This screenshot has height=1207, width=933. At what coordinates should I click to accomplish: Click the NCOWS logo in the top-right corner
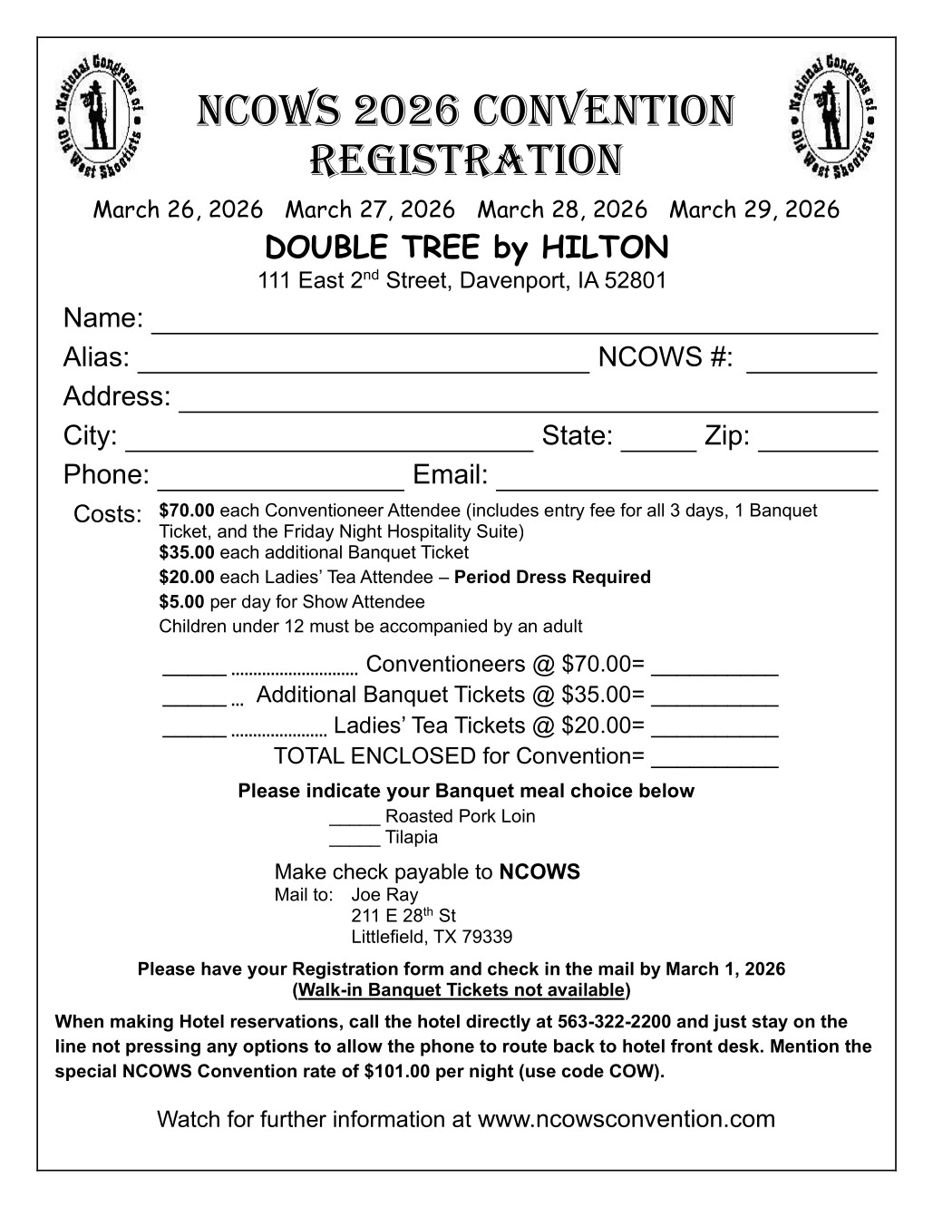point(832,114)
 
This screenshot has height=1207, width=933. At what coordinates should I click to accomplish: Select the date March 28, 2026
point(562,210)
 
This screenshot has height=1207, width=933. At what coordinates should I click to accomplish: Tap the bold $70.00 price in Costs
point(187,511)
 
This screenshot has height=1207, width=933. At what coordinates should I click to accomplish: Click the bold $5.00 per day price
point(181,602)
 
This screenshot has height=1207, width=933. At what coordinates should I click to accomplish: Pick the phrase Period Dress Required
point(552,578)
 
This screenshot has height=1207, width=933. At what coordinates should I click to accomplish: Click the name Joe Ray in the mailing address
point(384,895)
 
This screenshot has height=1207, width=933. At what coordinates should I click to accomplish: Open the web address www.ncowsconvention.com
point(626,1119)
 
